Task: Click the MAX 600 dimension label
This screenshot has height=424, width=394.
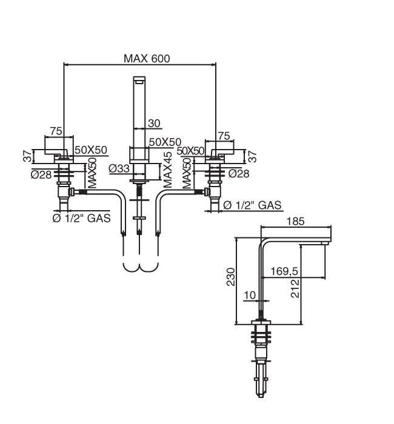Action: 147,59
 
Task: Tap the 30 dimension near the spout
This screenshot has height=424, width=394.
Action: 154,123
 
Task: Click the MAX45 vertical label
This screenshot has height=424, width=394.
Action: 168,169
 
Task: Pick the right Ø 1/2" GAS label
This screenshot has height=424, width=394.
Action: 252,205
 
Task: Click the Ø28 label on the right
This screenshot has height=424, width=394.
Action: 239,174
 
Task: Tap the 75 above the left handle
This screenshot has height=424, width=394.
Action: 56,131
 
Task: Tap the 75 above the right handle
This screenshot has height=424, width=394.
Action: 223,136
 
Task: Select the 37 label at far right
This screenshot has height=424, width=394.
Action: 253,156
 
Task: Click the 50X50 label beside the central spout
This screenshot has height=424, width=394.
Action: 165,142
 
